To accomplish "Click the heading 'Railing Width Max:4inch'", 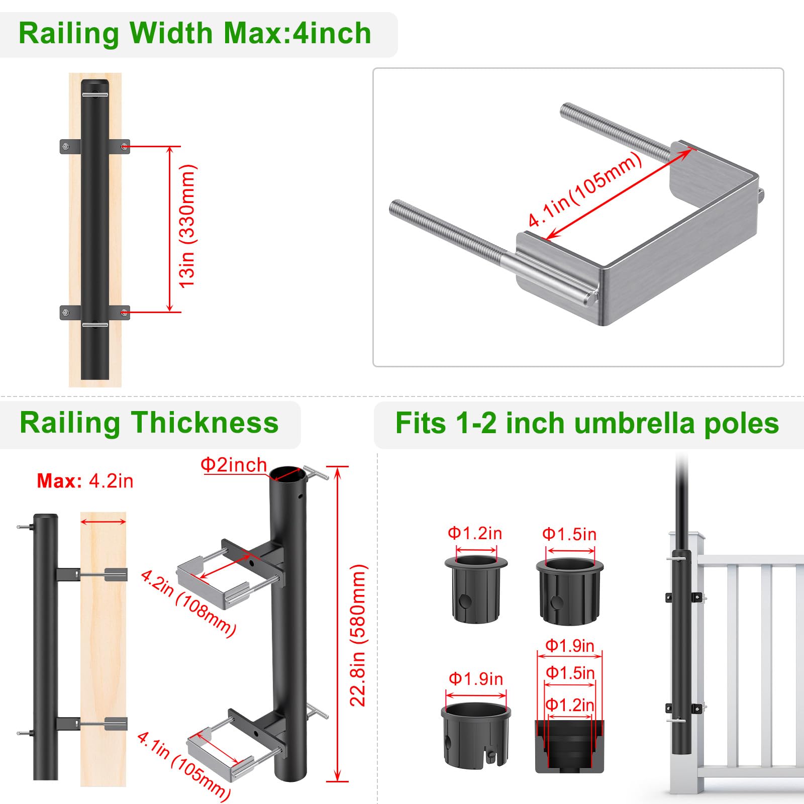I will (x=195, y=34).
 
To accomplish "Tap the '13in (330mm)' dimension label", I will (x=187, y=226).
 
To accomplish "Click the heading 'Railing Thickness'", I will (x=149, y=423).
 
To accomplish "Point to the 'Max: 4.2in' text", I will (x=85, y=481).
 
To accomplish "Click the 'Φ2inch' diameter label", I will (x=234, y=465).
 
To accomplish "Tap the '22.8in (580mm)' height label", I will (x=358, y=635).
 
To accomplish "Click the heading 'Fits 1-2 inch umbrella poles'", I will (x=587, y=423).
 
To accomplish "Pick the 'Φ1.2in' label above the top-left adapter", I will (x=475, y=533).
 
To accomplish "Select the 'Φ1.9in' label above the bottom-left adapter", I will (x=476, y=679).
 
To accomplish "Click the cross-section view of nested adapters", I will (x=569, y=746).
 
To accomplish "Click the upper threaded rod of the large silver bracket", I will (x=616, y=132).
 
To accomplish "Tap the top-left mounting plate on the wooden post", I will (x=69, y=147).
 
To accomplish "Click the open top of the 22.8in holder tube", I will (x=287, y=474).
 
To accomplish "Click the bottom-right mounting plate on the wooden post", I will (x=121, y=313).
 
